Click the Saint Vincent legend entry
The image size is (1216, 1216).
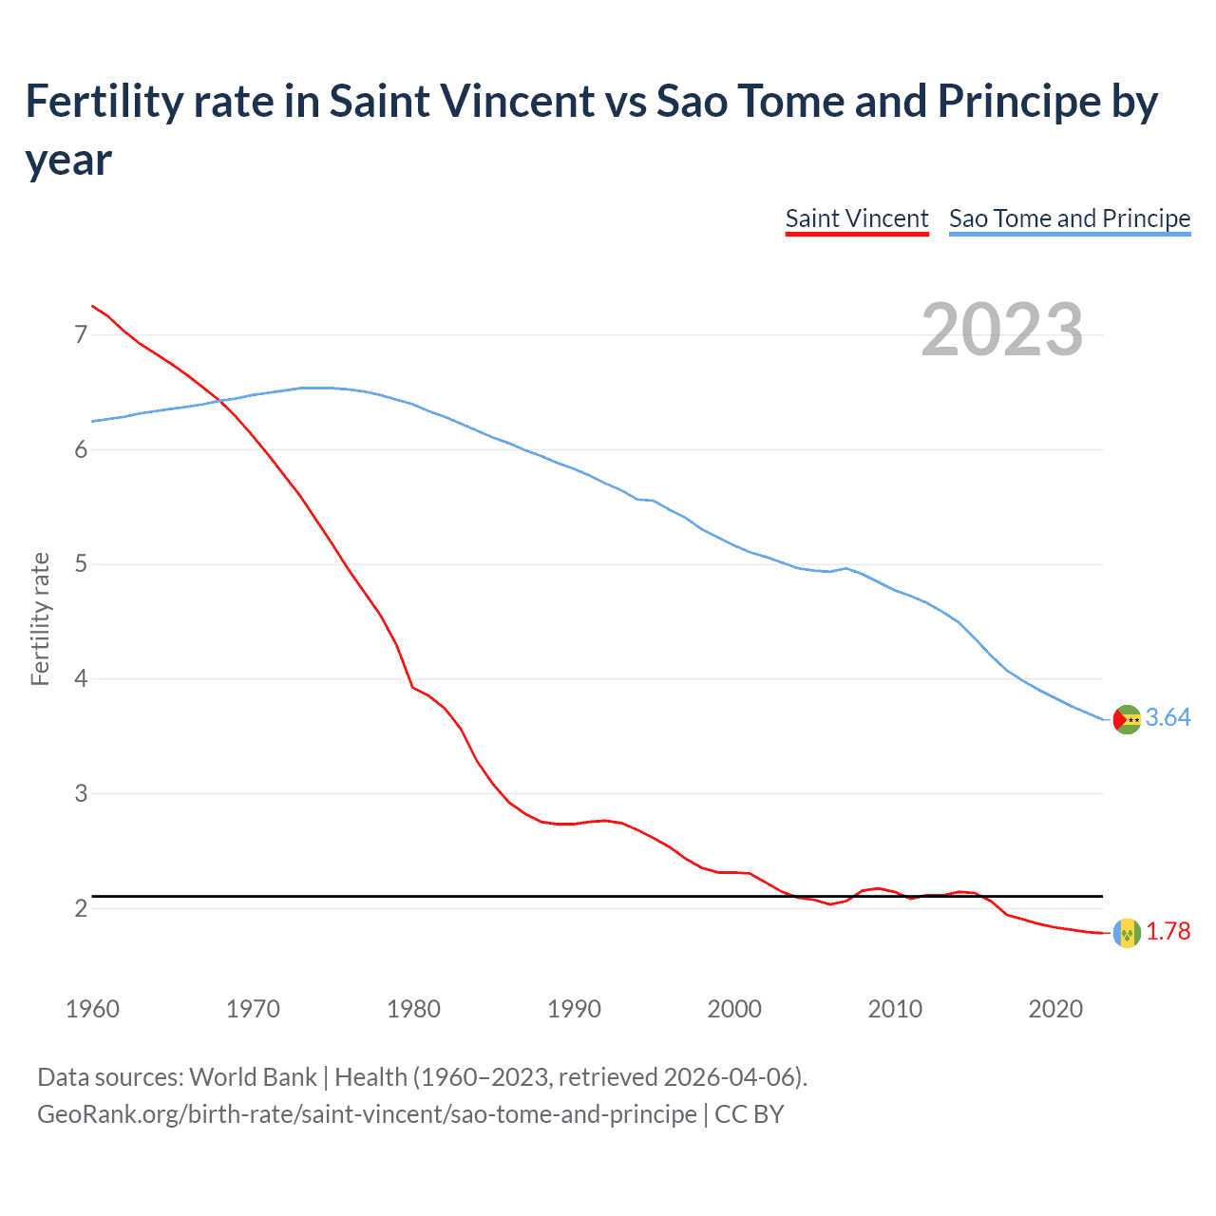pyautogui.click(x=856, y=218)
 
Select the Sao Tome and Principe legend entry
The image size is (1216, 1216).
pyautogui.click(x=1069, y=218)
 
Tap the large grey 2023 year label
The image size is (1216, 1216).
pyautogui.click(x=1001, y=330)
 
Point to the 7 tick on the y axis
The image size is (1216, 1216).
pyautogui.click(x=81, y=334)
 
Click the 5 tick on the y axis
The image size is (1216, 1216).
pyautogui.click(x=81, y=564)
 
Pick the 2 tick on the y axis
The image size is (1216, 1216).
pyautogui.click(x=81, y=908)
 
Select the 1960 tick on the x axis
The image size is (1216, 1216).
pyautogui.click(x=92, y=1009)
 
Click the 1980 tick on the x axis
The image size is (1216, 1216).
pyautogui.click(x=413, y=1009)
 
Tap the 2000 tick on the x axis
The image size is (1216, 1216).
pyautogui.click(x=734, y=1009)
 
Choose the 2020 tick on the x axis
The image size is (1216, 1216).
pyautogui.click(x=1055, y=1009)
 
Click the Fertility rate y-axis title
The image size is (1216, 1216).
pyautogui.click(x=40, y=618)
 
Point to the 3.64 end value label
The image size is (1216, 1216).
pyautogui.click(x=1168, y=718)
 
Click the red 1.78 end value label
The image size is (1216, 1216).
pyautogui.click(x=1168, y=932)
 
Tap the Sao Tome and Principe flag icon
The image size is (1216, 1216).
pyautogui.click(x=1127, y=719)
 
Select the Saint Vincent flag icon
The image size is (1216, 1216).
pyautogui.click(x=1127, y=933)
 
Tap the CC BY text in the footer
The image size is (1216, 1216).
pyautogui.click(x=750, y=1114)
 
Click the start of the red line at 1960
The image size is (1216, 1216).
pyautogui.click(x=92, y=306)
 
